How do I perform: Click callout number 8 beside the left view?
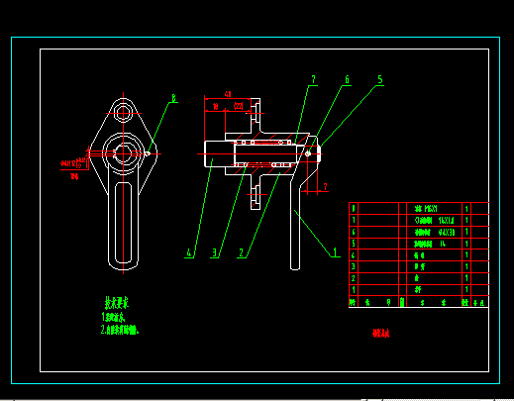tap(173, 98)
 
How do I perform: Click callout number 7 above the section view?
tap(313, 78)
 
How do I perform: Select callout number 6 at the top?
tap(347, 78)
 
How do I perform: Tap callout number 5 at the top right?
tap(379, 78)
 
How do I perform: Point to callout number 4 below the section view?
tap(188, 253)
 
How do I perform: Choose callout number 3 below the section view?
tap(213, 253)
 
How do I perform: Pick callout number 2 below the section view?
tap(240, 253)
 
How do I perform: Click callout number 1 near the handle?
tap(335, 252)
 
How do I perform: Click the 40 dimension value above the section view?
tap(228, 93)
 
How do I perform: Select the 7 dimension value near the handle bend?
tap(325, 185)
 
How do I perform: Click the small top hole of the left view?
tap(123, 110)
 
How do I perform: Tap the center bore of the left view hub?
tap(123, 152)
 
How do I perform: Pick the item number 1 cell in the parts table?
tap(355, 289)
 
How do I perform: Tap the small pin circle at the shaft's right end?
tap(310, 152)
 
